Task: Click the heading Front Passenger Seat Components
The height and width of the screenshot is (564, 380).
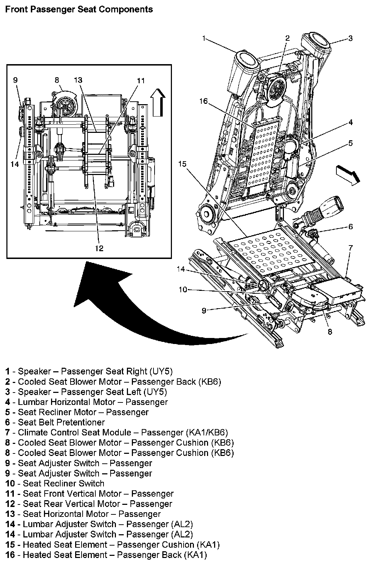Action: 79,9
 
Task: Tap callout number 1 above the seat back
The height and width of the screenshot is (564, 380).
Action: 204,38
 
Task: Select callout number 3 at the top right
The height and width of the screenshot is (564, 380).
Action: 350,38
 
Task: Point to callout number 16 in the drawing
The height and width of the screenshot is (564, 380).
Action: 203,102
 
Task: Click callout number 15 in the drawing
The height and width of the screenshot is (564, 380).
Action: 182,164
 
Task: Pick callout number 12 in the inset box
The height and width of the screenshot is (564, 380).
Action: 99,248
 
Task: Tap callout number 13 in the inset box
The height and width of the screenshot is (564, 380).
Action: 78,80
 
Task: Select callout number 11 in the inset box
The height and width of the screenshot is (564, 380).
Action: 141,81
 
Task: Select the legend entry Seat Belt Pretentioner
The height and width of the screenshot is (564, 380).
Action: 55,422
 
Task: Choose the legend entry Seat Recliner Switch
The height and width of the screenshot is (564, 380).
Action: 55,484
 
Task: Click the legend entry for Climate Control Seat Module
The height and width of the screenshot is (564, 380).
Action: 117,433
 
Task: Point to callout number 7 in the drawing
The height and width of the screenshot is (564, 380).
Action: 350,248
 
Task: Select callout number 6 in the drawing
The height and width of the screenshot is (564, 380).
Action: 350,227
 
